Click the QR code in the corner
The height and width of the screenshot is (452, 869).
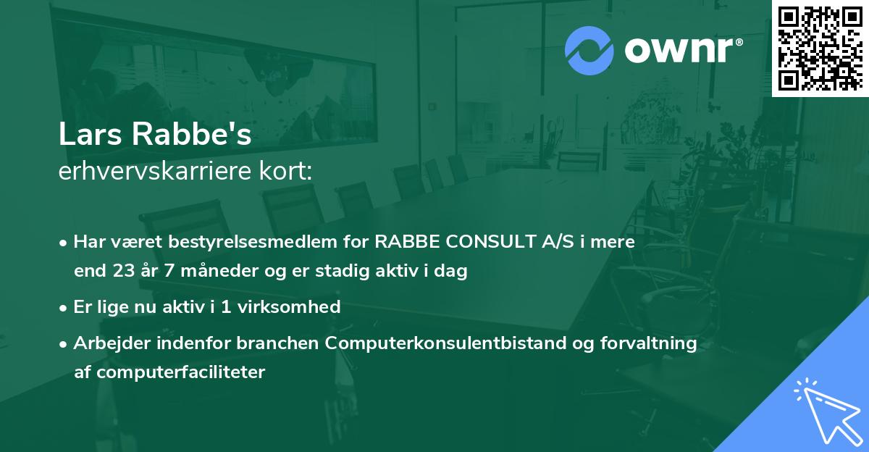point(820,48)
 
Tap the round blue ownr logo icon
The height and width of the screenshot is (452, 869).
point(589,51)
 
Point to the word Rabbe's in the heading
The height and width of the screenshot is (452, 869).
point(194,135)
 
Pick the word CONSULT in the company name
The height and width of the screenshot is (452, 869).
point(486,242)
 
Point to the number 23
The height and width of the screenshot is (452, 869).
point(123,272)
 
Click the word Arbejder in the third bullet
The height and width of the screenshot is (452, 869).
point(109,343)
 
